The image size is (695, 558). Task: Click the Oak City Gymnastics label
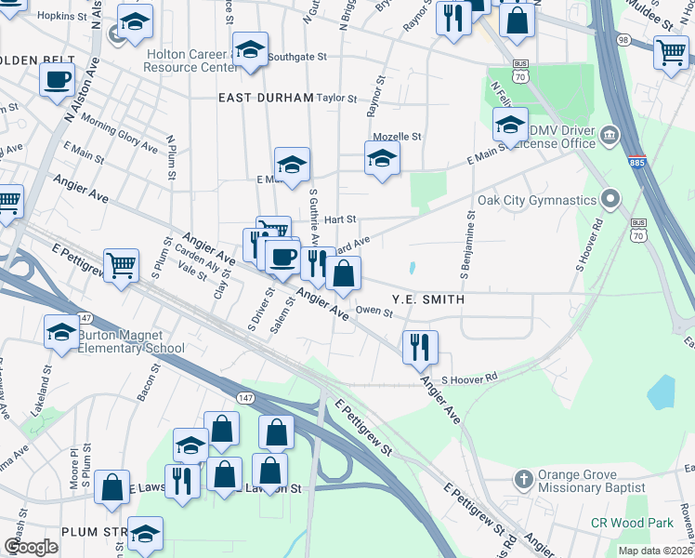click(x=536, y=201)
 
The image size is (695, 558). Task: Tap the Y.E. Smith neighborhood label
click(x=427, y=299)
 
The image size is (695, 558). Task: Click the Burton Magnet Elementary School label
click(x=131, y=341)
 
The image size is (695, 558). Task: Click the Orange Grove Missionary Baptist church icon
click(x=523, y=480)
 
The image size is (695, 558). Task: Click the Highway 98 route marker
click(x=649, y=39)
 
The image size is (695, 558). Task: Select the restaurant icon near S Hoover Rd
click(x=420, y=347)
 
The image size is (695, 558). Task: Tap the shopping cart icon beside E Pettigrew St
click(x=121, y=265)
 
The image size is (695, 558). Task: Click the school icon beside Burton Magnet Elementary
click(x=62, y=331)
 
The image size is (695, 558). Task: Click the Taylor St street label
click(x=336, y=98)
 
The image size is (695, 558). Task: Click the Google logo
click(x=32, y=547)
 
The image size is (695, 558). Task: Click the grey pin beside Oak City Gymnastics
click(x=610, y=200)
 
